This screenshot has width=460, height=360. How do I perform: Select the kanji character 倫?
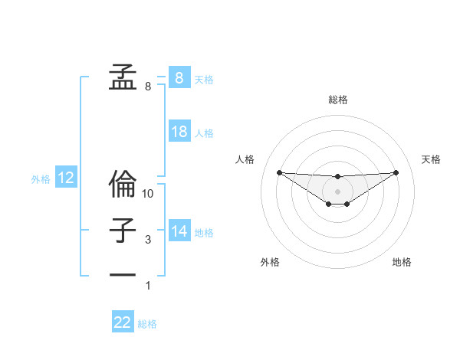click(122, 184)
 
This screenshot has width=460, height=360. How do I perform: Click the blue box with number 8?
click(179, 78)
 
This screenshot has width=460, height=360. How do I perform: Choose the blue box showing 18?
click(179, 132)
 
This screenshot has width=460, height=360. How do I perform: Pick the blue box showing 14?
click(179, 231)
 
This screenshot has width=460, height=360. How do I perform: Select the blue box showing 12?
click(66, 178)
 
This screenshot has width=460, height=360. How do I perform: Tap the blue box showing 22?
click(123, 322)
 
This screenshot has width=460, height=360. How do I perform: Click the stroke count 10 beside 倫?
click(148, 194)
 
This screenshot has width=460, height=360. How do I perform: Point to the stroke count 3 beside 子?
click(148, 240)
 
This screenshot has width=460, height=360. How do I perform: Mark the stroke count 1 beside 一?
click(148, 286)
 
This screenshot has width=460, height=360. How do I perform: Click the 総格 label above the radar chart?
click(337, 100)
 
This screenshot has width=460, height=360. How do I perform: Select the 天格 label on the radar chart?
click(431, 159)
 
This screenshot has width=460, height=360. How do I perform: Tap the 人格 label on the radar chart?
click(245, 159)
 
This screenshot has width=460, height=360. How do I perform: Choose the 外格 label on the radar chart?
click(270, 262)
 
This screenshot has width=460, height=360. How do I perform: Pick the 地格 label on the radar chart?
click(402, 262)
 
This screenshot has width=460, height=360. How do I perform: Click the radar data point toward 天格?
click(396, 172)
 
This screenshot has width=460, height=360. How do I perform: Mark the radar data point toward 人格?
click(279, 172)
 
